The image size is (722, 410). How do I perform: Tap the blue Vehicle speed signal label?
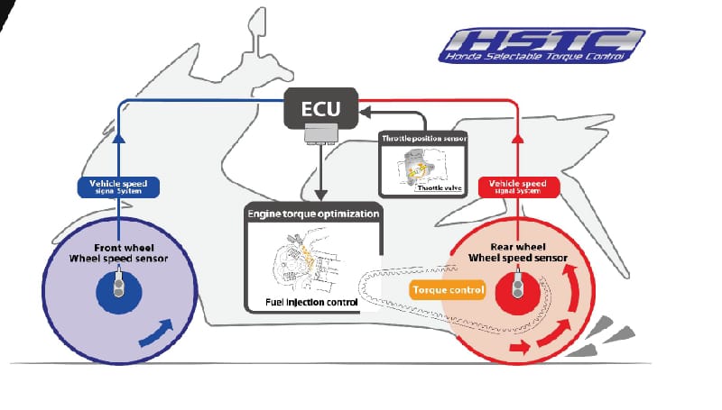click(x=118, y=187)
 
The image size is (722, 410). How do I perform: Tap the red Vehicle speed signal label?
click(x=517, y=187)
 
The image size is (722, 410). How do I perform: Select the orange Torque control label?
click(x=448, y=290)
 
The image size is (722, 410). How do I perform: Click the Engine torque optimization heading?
click(x=313, y=214)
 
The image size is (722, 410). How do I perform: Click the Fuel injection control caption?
click(x=311, y=301)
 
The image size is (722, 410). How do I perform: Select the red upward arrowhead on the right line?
click(x=517, y=138)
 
